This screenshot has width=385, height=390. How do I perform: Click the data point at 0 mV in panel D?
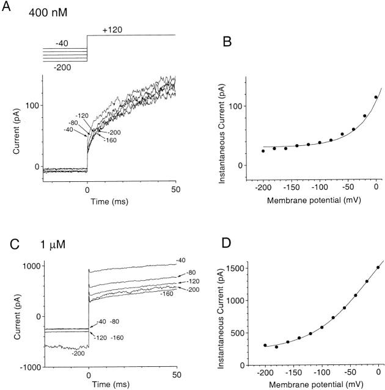point(378,267)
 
